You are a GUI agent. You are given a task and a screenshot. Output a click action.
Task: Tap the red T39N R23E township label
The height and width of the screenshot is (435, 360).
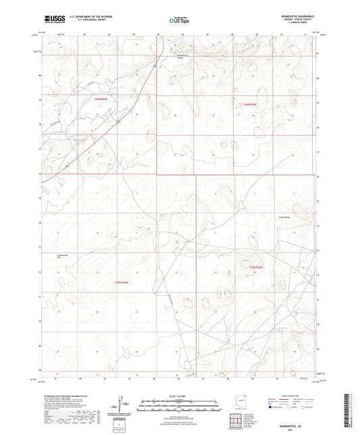tap(120, 281)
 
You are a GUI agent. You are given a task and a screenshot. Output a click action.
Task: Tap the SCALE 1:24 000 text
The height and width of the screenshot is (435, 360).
tap(179, 396)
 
